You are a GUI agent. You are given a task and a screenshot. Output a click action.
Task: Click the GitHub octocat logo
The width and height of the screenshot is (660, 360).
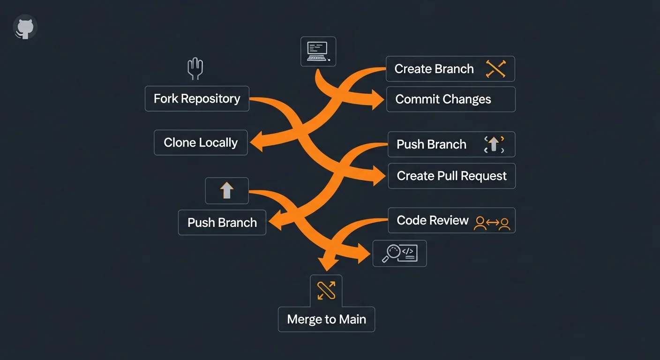point(25,28)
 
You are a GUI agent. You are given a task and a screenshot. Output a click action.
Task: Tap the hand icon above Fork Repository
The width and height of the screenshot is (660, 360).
point(195,69)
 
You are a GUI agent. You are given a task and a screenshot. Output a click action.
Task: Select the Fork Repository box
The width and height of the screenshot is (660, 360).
point(197,98)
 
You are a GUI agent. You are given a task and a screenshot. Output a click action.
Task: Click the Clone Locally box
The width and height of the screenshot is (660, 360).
point(201,142)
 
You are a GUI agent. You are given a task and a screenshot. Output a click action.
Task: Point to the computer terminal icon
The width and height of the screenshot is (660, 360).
point(318,51)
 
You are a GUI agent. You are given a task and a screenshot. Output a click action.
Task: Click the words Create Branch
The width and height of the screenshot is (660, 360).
point(434,69)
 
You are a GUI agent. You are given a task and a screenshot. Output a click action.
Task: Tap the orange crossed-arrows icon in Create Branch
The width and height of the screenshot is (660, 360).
point(495,69)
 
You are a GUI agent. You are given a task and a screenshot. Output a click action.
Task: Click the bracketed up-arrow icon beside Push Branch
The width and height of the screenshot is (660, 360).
point(494,144)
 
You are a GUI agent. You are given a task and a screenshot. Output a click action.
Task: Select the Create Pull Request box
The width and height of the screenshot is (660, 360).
point(451,176)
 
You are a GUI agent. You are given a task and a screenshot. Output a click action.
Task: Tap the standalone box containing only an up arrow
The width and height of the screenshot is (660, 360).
point(227,191)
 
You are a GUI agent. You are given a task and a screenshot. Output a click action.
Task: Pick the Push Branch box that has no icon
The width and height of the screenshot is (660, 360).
point(222,222)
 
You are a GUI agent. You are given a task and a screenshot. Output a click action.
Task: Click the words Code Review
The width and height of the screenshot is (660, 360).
point(433,220)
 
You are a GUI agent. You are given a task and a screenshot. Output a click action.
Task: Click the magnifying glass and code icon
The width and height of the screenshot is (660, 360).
point(399,254)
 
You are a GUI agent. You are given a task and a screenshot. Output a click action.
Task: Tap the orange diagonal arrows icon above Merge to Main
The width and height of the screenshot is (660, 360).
point(326,290)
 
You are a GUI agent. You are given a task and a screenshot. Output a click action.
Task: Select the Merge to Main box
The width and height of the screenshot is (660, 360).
point(326,319)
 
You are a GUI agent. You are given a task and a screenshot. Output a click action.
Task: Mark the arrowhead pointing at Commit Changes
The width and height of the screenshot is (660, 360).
point(377,99)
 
